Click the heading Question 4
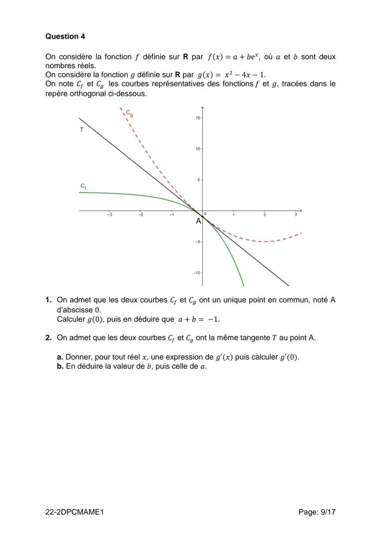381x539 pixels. (x=65, y=36)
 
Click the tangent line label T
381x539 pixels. (x=81, y=130)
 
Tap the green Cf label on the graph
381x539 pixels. (x=83, y=186)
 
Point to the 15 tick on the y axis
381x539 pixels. (x=197, y=118)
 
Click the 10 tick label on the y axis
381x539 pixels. (x=197, y=149)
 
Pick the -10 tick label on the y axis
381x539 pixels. (x=196, y=273)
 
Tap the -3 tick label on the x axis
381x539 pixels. (x=110, y=215)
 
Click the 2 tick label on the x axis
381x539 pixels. (x=265, y=215)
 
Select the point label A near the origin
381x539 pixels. (x=198, y=221)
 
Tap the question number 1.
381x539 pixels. (x=48, y=300)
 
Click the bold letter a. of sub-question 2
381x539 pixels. (x=60, y=357)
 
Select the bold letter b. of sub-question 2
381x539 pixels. (x=60, y=367)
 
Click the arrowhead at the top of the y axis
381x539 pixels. (x=202, y=108)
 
